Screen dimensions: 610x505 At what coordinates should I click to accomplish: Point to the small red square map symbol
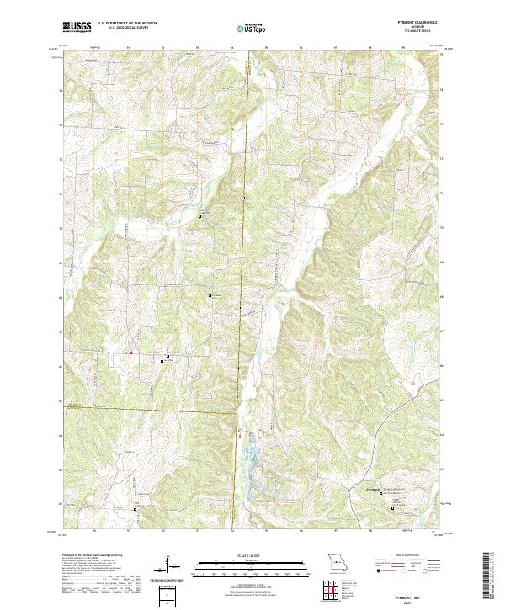click(130, 353)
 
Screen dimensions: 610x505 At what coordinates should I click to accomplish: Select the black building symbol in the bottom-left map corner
click(135, 509)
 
